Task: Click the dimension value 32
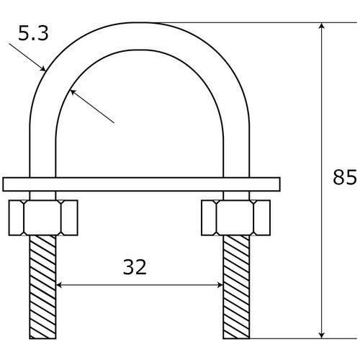pyautogui.click(x=134, y=268)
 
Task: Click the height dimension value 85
pyautogui.click(x=346, y=176)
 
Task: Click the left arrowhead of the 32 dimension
pyautogui.click(x=60, y=284)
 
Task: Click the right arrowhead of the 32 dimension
pyautogui.click(x=219, y=284)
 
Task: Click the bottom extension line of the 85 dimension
pyautogui.click(x=288, y=338)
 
